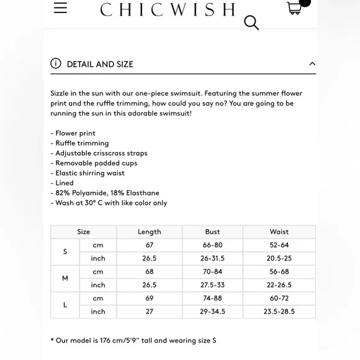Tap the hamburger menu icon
click(60, 7)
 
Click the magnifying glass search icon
click(251, 23)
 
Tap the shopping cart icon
click(295, 7)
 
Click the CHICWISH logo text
click(168, 9)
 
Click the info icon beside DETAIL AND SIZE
click(56, 63)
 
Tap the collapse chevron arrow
click(312, 63)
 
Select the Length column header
click(149, 232)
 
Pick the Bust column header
click(212, 232)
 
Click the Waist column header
click(279, 232)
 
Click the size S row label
click(65, 251)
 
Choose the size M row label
click(65, 278)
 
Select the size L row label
click(65, 305)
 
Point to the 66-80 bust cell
click(212, 245)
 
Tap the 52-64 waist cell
click(279, 245)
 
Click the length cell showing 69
click(149, 299)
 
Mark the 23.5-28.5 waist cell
click(279, 312)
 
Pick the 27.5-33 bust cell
click(212, 285)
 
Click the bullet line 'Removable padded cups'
click(96, 163)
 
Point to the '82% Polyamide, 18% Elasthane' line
click(107, 193)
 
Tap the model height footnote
click(133, 340)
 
